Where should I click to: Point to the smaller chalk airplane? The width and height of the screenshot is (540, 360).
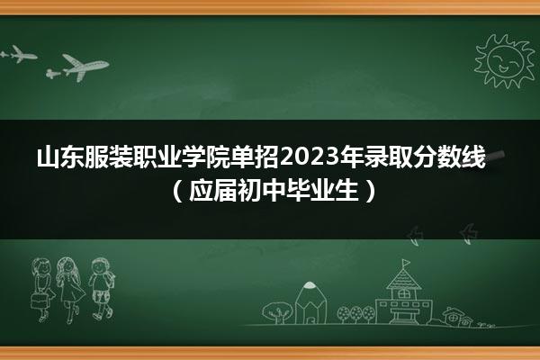coord(19,54)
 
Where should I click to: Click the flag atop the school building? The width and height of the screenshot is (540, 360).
coord(407,263)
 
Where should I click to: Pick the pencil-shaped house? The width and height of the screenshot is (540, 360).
coord(310,302)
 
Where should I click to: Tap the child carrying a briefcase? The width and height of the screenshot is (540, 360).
coord(42,290)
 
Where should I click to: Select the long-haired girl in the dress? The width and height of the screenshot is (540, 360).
coord(70,290)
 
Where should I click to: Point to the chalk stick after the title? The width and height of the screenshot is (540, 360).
coord(496,156)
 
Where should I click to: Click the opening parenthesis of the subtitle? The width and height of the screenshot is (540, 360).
coord(176,191)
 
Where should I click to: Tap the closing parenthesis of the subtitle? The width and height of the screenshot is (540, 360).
coord(371,191)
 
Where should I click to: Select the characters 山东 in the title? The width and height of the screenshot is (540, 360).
coord(60,157)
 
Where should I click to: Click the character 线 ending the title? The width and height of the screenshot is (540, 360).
coord(473,157)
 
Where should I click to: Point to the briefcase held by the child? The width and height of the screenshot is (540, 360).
coord(39,300)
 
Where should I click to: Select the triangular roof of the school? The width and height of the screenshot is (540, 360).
coord(403,279)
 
